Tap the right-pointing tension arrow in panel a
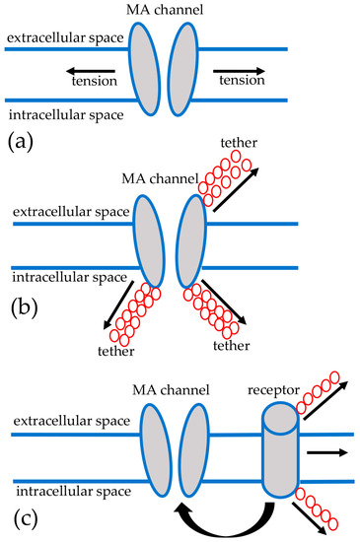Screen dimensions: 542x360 point(242,71)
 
